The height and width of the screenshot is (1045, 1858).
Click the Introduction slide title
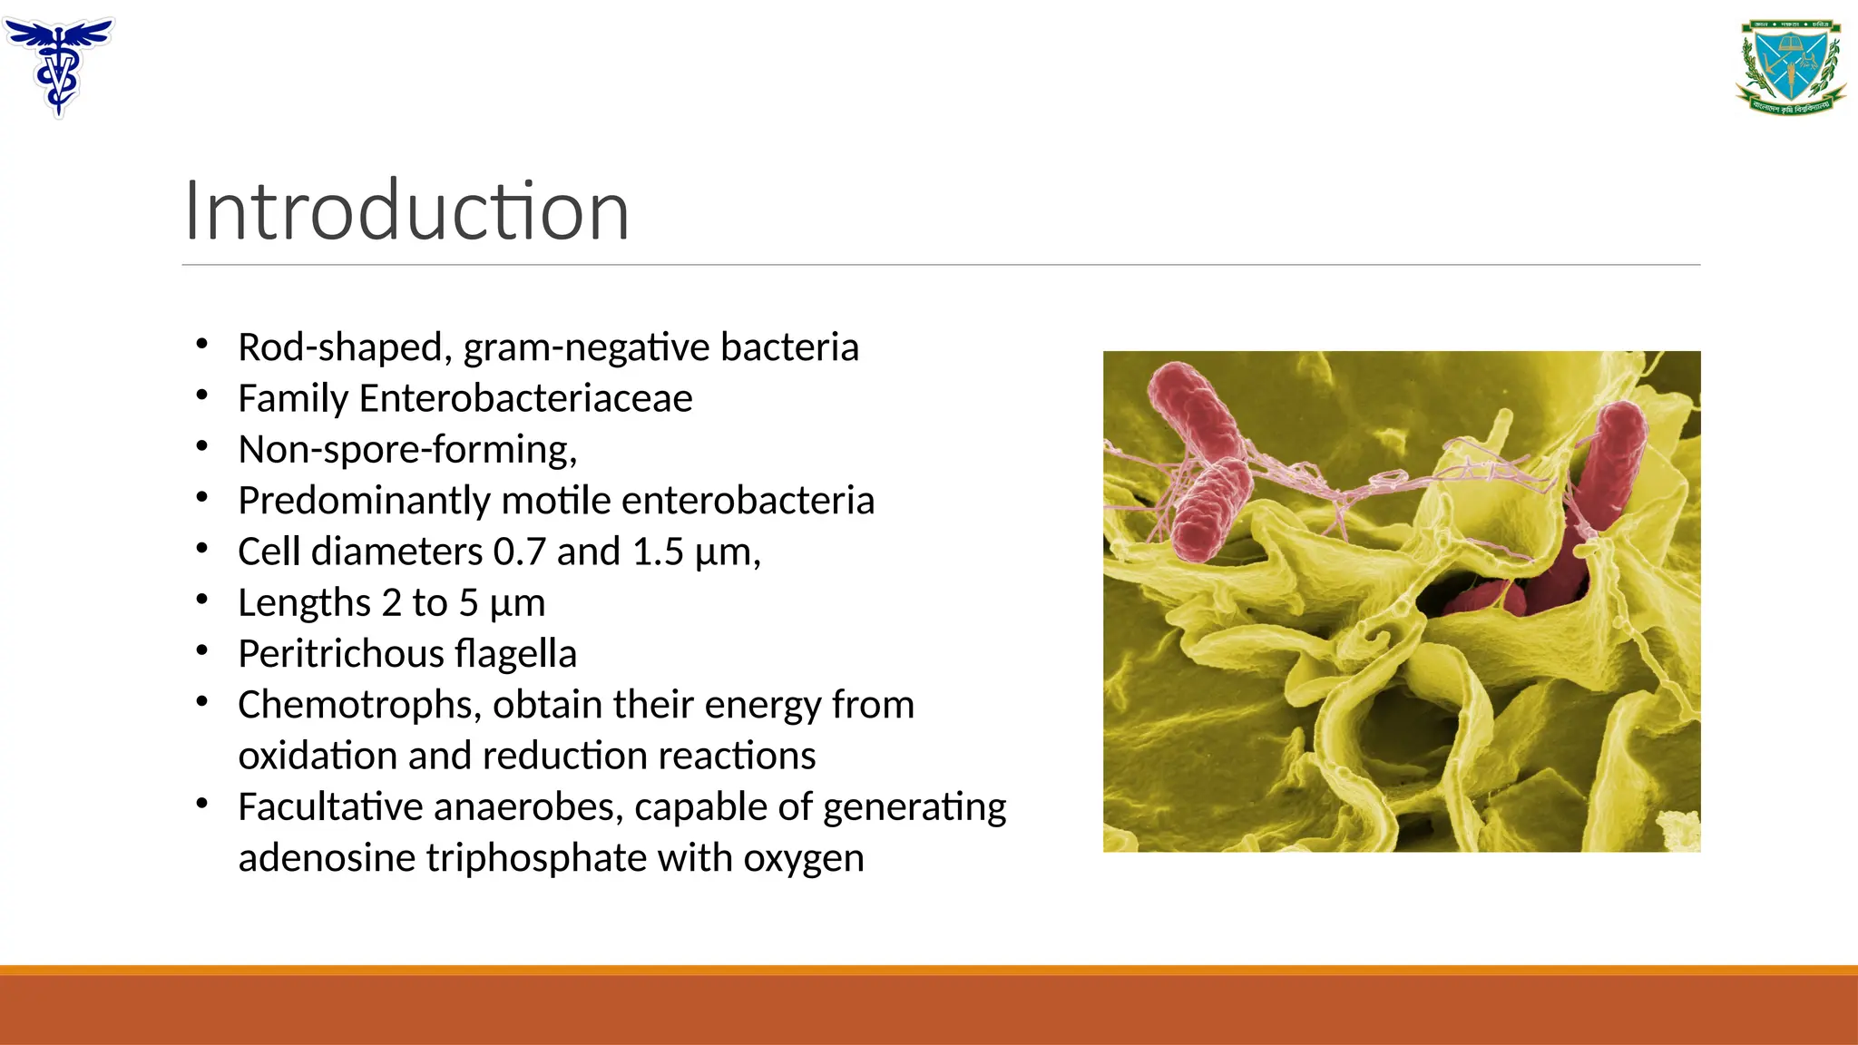[x=406, y=210]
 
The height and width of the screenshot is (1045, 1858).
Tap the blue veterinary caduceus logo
[x=58, y=65]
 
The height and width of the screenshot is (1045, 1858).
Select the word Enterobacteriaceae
[x=525, y=398]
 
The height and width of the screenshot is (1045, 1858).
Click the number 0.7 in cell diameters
[x=519, y=552]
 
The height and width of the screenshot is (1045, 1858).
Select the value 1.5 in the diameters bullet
[x=658, y=552]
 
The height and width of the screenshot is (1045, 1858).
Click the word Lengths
[x=304, y=602]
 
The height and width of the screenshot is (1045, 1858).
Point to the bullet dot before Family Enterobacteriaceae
[x=202, y=396]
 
